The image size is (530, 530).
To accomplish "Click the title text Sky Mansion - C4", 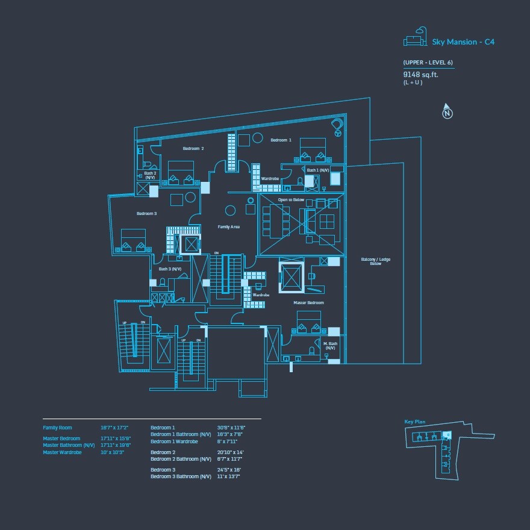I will point(463,42).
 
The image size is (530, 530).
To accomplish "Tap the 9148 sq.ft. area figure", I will point(420,75).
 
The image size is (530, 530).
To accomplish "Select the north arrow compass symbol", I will point(447,111).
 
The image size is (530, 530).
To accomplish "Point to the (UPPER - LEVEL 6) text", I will point(428,63).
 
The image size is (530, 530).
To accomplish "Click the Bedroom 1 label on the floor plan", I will point(281,140).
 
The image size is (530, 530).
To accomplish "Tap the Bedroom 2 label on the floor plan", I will point(193,148).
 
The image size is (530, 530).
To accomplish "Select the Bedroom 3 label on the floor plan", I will point(146,214).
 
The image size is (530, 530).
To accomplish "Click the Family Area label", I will point(229,227).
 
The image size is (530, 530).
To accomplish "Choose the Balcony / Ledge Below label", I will point(376,261).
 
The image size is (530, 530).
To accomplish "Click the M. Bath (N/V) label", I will point(330,346).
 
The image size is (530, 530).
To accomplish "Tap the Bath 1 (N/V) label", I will point(318,170).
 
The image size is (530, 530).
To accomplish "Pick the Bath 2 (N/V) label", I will point(150,175).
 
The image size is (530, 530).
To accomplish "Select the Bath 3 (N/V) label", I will point(170,269).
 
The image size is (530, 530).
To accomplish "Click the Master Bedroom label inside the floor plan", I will point(308,302).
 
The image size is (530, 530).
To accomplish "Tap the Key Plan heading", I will point(415,422).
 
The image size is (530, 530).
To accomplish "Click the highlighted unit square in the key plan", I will point(446,434).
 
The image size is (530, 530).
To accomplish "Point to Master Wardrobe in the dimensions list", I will point(62,452).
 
